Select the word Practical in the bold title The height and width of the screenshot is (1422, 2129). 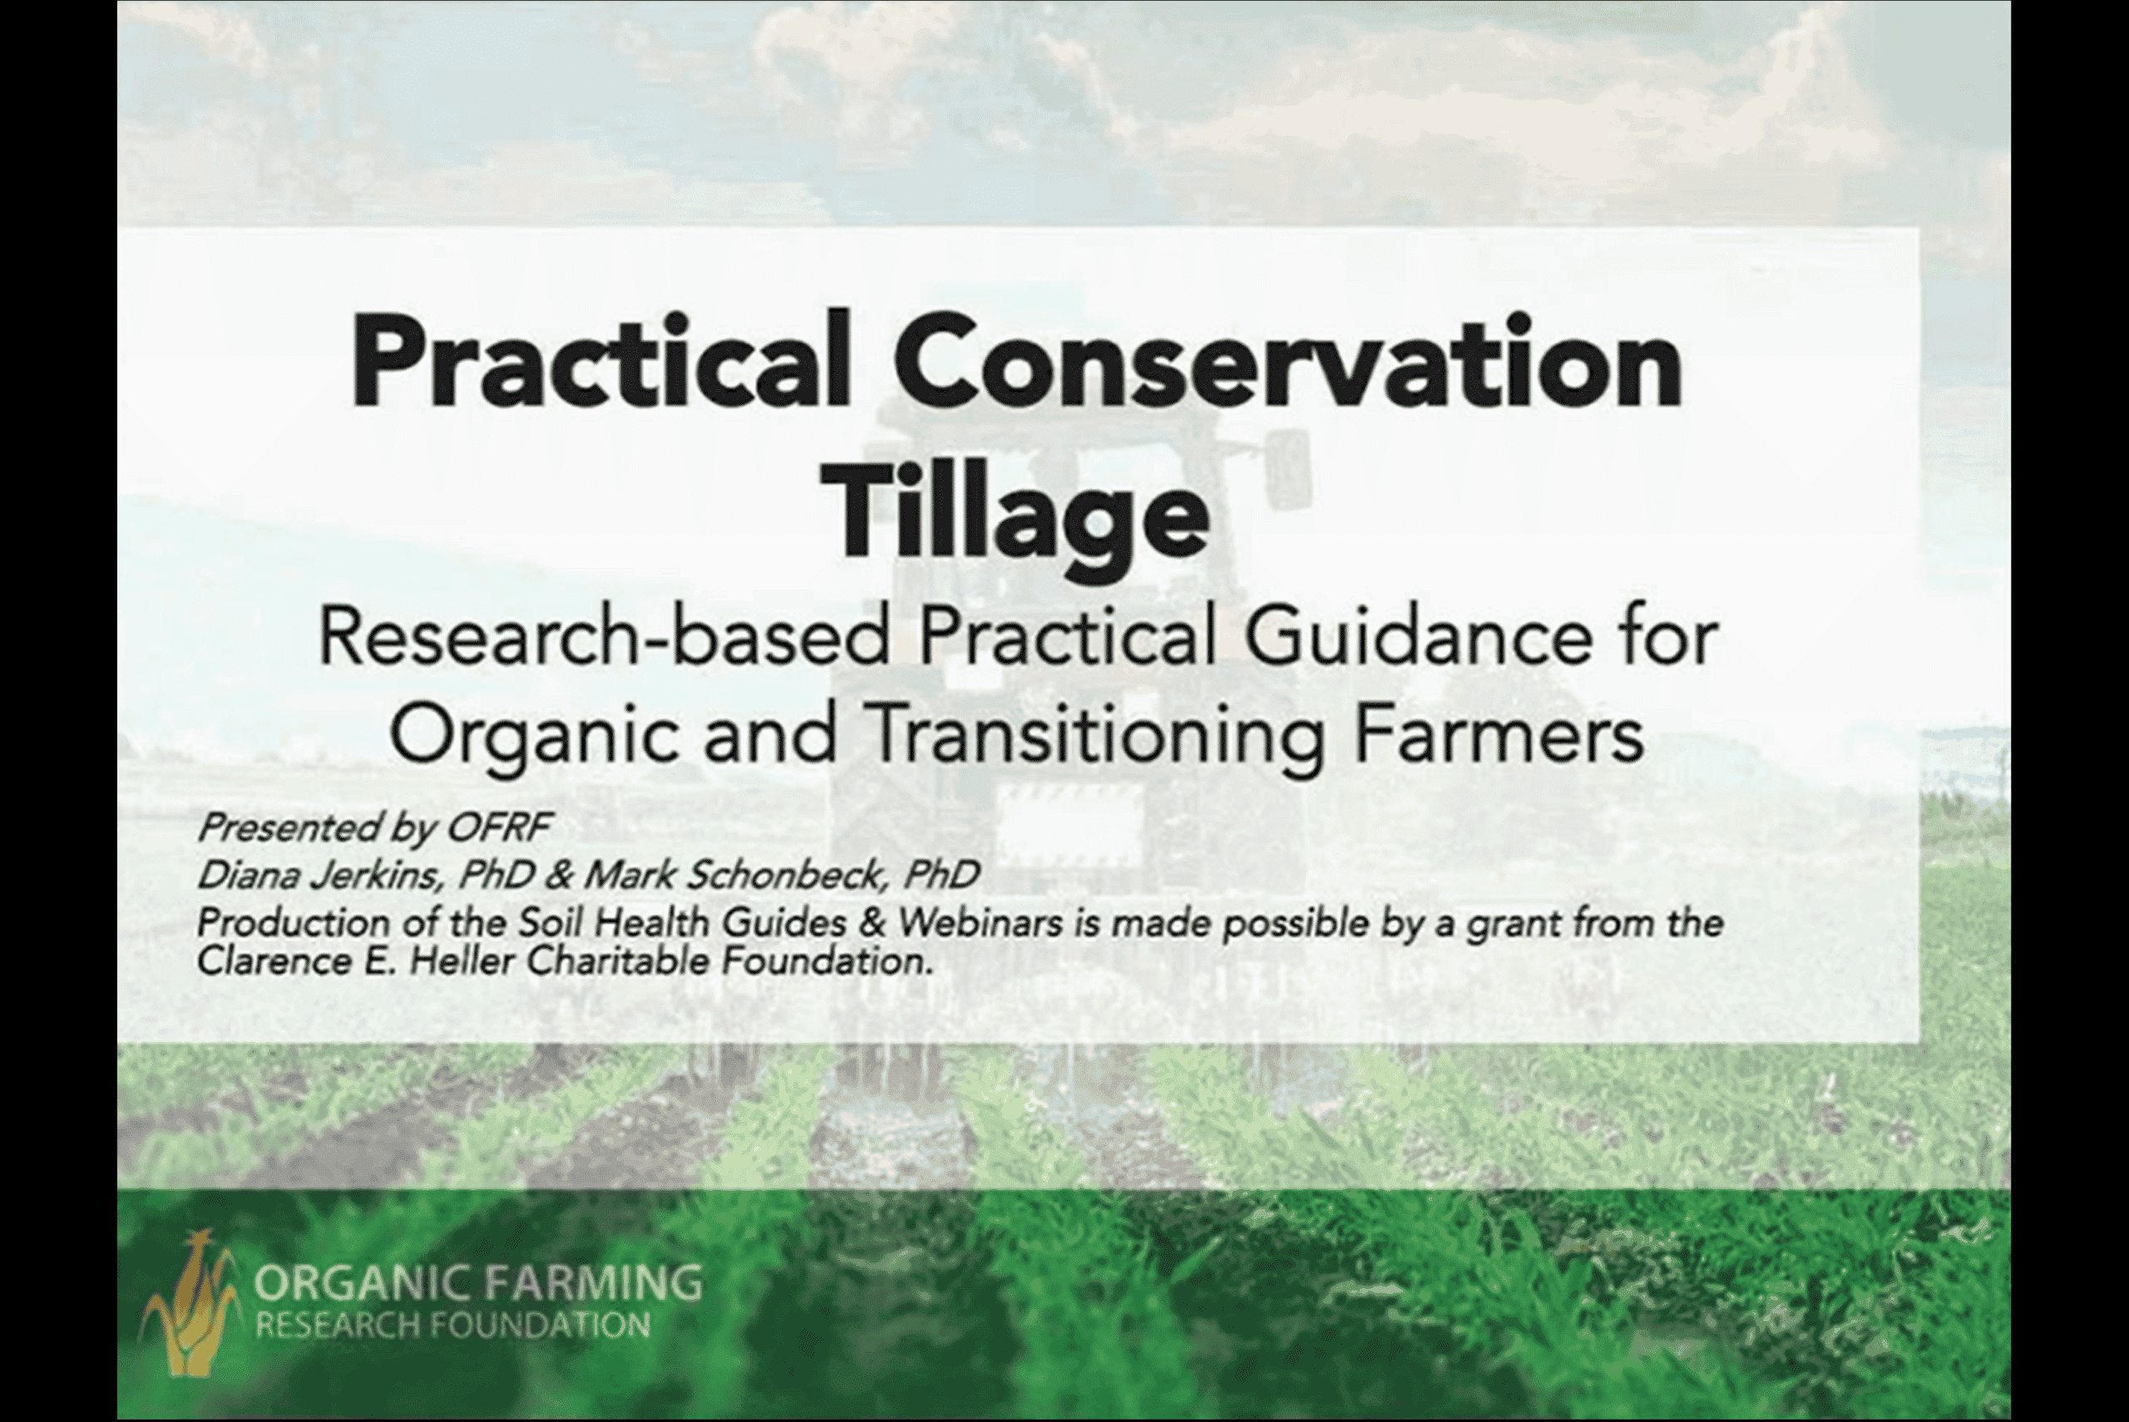[600, 362]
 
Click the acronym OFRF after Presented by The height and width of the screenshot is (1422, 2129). [500, 827]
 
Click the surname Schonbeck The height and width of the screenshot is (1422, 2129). [784, 875]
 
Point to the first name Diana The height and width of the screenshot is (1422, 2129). [250, 875]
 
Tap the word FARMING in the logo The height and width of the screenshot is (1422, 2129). [593, 1282]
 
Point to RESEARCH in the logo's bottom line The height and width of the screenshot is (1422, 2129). [338, 1325]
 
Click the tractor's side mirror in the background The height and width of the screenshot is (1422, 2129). [1287, 469]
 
